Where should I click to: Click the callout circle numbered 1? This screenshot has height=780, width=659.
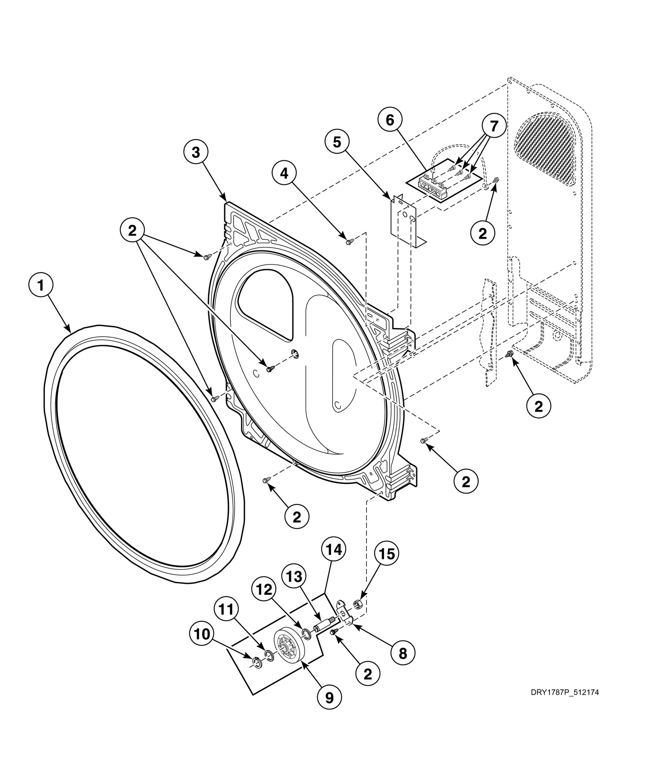coord(41,286)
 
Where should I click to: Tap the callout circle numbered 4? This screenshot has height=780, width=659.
coord(284,174)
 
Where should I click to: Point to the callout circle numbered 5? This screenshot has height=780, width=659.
coord(337,143)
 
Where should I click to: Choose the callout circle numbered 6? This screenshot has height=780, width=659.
coord(390,120)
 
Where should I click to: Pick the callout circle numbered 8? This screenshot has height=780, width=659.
coord(402,653)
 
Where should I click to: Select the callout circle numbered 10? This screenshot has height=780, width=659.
coord(202,635)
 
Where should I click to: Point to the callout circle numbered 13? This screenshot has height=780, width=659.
coord(294,576)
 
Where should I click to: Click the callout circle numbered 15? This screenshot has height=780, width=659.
coord(386,553)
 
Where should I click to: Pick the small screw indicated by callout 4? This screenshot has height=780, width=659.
coord(349,242)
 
